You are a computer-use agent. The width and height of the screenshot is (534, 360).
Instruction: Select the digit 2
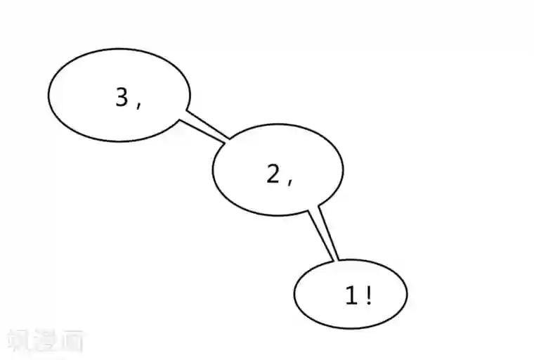273,173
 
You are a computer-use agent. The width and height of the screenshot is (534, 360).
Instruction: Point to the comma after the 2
289,181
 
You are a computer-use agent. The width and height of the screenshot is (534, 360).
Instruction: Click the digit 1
351,296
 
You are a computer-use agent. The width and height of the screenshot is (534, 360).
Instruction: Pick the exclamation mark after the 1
368,296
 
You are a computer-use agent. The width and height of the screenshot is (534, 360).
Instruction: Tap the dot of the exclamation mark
368,303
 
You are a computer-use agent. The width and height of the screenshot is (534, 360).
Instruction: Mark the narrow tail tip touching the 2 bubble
227,139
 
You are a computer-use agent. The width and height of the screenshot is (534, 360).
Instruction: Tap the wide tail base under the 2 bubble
314,210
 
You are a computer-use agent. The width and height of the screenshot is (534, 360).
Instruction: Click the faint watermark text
45,341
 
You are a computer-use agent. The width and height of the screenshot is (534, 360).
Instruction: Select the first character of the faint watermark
19,341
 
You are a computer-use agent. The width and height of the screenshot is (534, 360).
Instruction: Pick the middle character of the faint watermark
45,341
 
